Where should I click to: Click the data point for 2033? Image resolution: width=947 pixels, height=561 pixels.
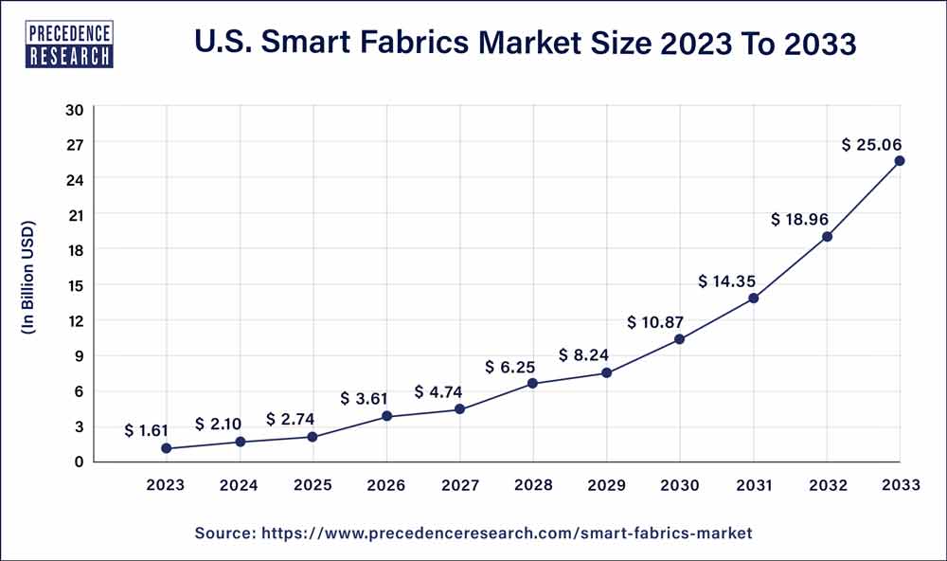899,161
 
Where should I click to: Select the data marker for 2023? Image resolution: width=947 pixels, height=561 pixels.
167,448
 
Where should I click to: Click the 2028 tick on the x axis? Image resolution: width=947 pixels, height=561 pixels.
533,485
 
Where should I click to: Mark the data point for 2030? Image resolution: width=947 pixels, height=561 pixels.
680,338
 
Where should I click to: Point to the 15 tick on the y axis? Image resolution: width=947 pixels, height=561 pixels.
75,285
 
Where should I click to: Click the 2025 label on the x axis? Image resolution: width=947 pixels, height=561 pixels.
313,485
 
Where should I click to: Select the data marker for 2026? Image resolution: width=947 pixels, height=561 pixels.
386,416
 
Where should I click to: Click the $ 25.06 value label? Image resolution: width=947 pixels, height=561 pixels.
873,144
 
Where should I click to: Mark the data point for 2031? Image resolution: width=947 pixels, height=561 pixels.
754,299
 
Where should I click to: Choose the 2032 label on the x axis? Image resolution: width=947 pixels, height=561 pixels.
827,485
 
